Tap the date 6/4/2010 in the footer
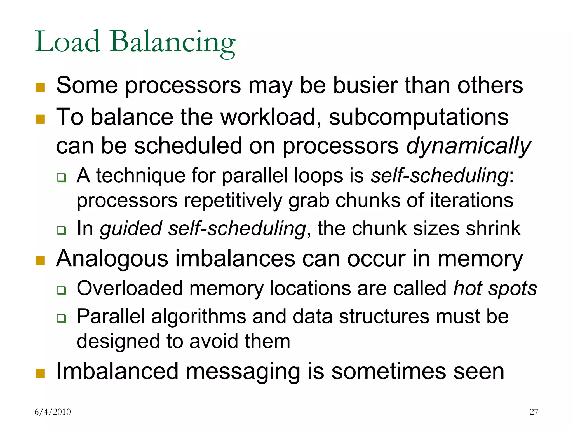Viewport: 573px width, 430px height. [53, 412]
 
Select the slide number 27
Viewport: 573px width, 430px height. [534, 412]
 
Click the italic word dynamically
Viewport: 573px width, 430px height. [468, 146]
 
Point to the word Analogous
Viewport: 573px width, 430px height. [112, 259]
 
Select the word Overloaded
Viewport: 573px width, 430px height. [130, 288]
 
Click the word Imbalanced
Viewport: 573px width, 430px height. [117, 371]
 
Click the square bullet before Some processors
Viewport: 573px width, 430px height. [40, 87]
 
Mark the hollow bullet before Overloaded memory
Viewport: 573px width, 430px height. [61, 290]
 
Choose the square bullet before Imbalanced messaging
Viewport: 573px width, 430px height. [40, 373]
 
